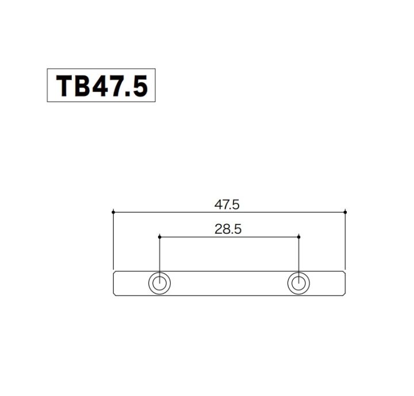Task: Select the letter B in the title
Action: pyautogui.click(x=80, y=86)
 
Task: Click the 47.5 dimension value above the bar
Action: pyautogui.click(x=227, y=204)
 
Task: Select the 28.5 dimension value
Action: pyautogui.click(x=228, y=229)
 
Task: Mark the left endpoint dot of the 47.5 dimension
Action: pyautogui.click(x=113, y=212)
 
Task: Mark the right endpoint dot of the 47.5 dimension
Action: pyautogui.click(x=345, y=212)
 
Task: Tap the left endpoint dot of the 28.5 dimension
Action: pyautogui.click(x=159, y=237)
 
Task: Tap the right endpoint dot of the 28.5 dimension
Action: pyautogui.click(x=299, y=237)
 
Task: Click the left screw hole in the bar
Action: pyautogui.click(x=159, y=283)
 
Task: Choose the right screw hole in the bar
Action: pyautogui.click(x=298, y=283)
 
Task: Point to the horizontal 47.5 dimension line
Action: pyautogui.click(x=172, y=212)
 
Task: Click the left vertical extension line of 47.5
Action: pyautogui.click(x=113, y=242)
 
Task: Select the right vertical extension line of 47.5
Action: pyautogui.click(x=345, y=242)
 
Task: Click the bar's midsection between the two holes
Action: pyautogui.click(x=229, y=283)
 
